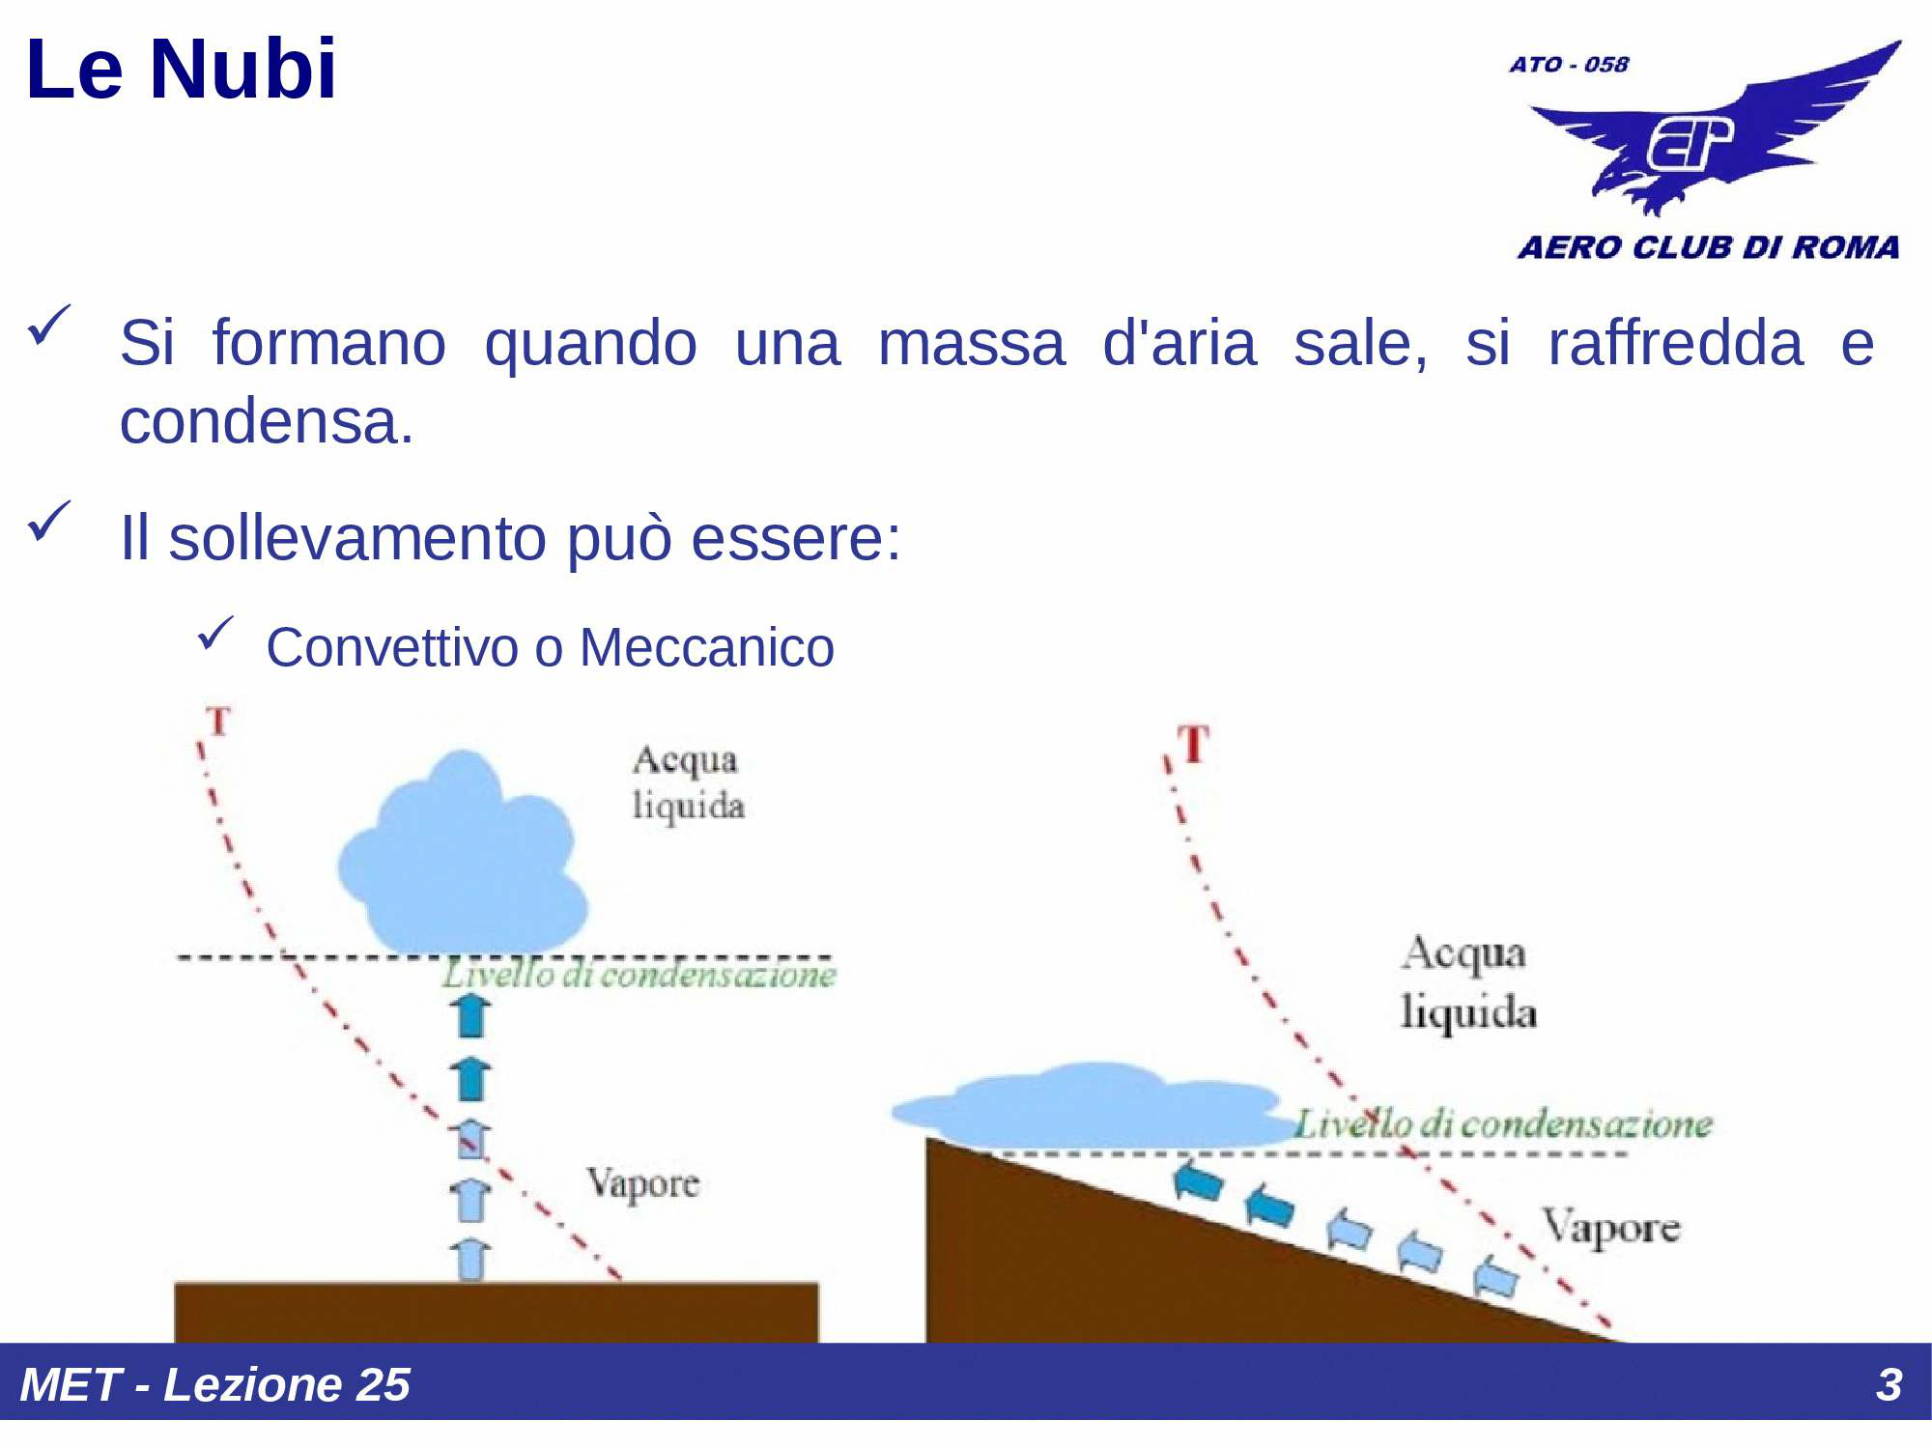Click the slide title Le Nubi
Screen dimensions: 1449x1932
(x=182, y=70)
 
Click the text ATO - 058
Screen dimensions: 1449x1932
(x=1569, y=65)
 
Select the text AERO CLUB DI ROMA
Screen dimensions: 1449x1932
(x=1708, y=247)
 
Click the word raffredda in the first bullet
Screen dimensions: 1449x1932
(x=1675, y=343)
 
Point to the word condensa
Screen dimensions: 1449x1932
(x=266, y=422)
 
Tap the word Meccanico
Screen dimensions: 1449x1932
(x=706, y=647)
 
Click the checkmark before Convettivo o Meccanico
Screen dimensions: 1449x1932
(x=214, y=634)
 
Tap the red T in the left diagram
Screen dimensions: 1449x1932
(x=219, y=721)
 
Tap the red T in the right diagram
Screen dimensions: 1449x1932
(x=1194, y=745)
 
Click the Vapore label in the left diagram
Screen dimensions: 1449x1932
(x=642, y=1183)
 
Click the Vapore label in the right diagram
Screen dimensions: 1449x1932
(x=1610, y=1228)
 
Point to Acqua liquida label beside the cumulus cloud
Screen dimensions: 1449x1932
(x=688, y=782)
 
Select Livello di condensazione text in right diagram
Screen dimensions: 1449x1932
(x=1502, y=1124)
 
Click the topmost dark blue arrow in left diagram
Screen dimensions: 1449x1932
(x=471, y=1015)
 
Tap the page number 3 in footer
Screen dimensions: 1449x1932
(x=1889, y=1384)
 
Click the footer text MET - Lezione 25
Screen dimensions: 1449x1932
(x=214, y=1384)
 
